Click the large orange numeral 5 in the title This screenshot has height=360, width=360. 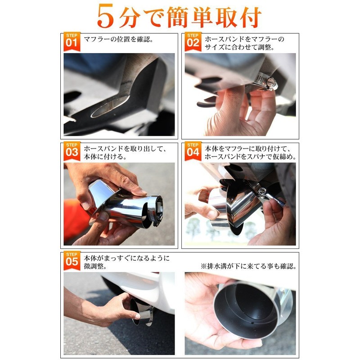(x=106, y=16)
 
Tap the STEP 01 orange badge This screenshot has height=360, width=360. (x=72, y=41)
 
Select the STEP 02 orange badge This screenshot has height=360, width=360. (x=193, y=41)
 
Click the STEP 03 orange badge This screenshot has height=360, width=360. (x=72, y=151)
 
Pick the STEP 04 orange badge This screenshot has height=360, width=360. (x=193, y=151)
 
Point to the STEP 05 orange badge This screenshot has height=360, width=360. (x=72, y=261)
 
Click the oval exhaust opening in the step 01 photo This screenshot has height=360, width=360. (x=110, y=106)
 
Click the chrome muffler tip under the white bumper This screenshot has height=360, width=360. (x=142, y=312)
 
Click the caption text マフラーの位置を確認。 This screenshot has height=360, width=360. (x=118, y=40)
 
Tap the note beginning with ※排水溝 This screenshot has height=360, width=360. (x=248, y=266)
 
